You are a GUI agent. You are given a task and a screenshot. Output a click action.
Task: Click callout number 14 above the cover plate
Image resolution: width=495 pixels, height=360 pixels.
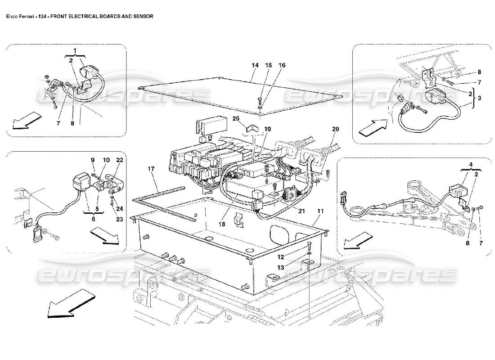[255, 66]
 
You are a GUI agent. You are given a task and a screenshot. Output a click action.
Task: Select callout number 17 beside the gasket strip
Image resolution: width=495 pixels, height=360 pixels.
[151, 169]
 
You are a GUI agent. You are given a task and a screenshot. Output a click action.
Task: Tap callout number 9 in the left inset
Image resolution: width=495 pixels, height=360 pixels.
[93, 160]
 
